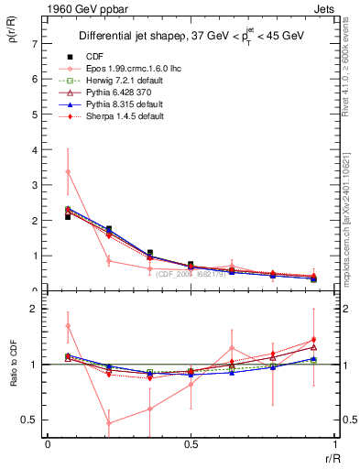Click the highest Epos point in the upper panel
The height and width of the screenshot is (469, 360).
68,171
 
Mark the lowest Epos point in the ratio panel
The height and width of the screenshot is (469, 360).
109,423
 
